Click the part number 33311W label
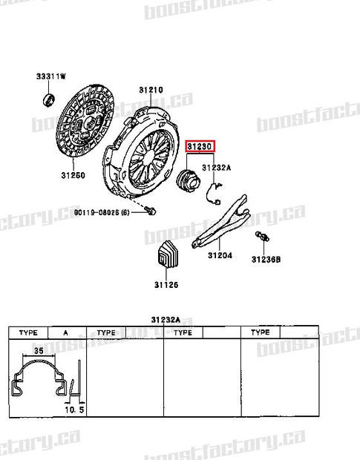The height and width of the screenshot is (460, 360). (51, 76)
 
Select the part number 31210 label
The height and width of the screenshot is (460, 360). (150, 91)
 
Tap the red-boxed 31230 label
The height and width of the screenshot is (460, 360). (200, 147)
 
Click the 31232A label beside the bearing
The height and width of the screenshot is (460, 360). (217, 168)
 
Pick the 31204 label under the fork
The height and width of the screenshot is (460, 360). (220, 256)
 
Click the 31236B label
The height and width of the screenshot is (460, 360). (265, 260)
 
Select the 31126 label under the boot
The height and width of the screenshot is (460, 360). (166, 284)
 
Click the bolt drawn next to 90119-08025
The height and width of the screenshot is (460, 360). (151, 212)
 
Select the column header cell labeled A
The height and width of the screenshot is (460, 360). (66, 333)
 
